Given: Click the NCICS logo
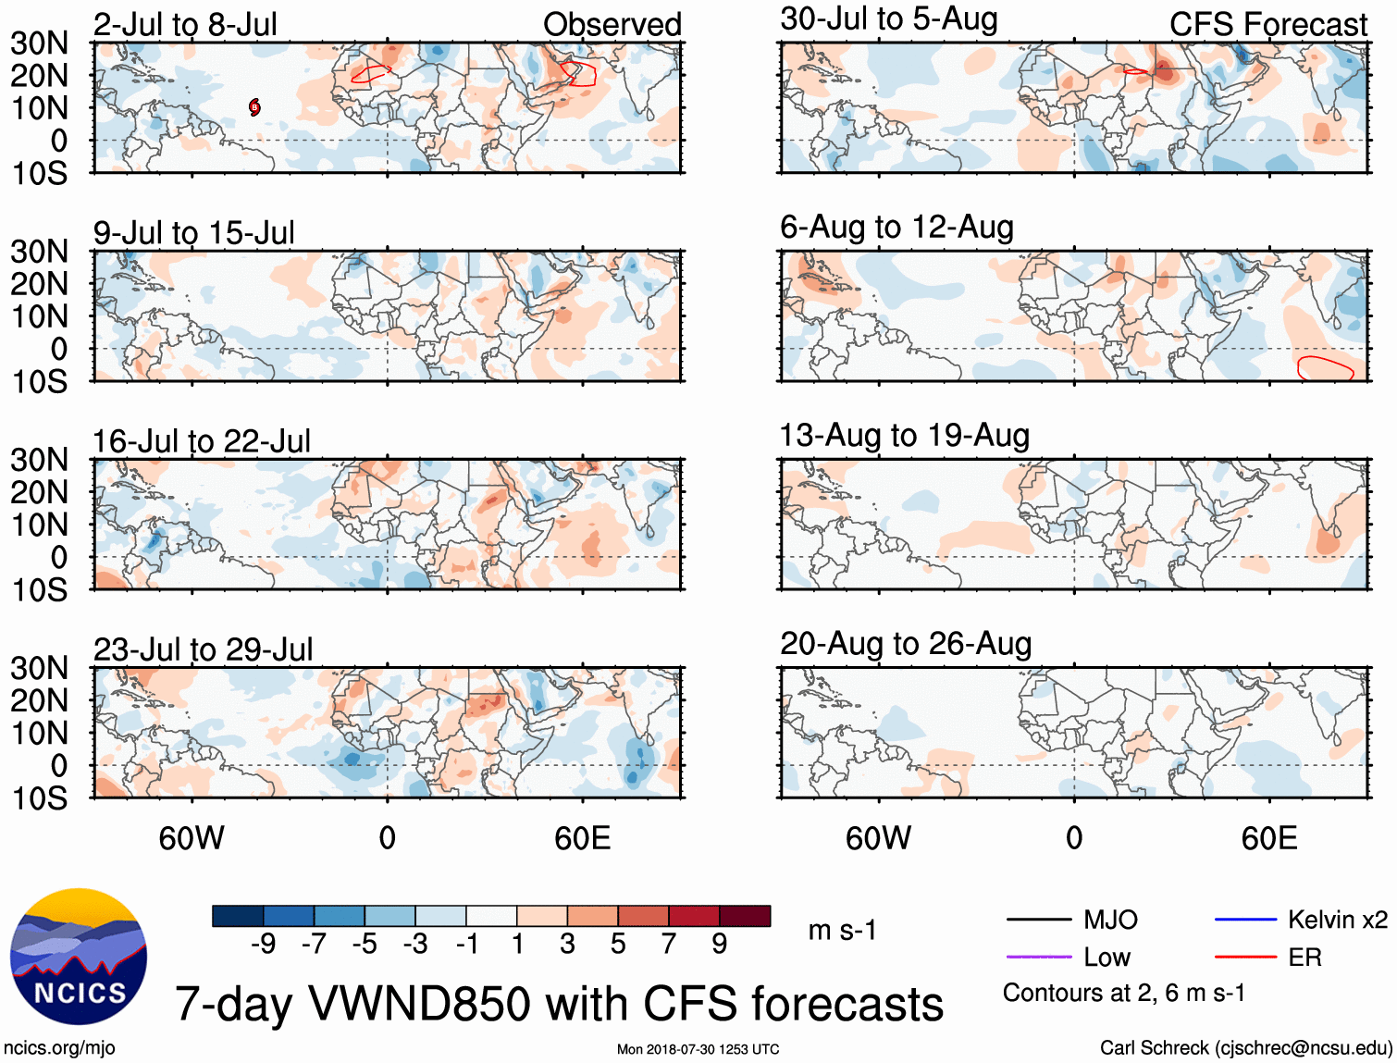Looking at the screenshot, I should coord(79,957).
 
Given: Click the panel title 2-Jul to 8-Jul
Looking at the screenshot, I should coord(185,25).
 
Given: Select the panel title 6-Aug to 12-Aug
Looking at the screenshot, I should coord(896,228).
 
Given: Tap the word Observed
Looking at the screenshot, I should coord(612,25).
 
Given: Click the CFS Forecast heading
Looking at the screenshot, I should coord(1267,25).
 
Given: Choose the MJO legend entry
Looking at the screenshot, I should coord(1110,920).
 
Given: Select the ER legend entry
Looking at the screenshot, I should coord(1304,958).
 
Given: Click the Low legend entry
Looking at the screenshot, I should coord(1106,958).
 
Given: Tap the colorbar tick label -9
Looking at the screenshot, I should coord(263,944).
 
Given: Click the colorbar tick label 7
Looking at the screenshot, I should coord(669,944).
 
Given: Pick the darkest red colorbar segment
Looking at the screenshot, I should coord(745,916).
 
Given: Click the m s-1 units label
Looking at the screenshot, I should coord(842,930).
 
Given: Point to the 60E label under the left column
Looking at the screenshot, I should coord(582,838).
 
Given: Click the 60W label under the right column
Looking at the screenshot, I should coord(878,838).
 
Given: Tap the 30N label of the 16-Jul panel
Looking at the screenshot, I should coord(39,460).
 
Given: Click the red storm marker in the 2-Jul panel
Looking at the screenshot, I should coord(254,107).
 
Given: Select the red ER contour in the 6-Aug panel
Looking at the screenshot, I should coord(1326,368).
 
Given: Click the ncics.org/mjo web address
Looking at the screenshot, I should coord(59,1048).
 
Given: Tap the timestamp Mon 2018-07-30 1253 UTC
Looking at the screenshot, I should coord(698,1049).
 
